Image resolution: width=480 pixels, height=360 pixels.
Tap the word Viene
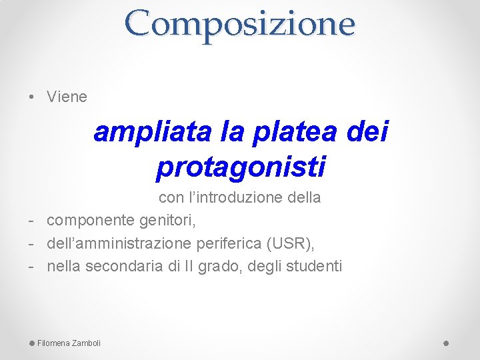click(67, 97)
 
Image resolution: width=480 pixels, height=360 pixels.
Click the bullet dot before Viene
click(33, 97)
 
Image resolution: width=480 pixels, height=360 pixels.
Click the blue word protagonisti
click(240, 167)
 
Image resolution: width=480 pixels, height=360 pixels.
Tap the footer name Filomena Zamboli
click(69, 343)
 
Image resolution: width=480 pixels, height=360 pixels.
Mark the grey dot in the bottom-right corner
click(446, 343)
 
